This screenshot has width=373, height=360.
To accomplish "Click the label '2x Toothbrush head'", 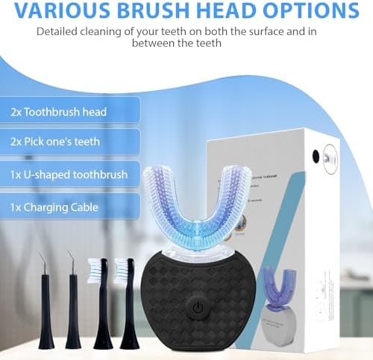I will click(x=59, y=112).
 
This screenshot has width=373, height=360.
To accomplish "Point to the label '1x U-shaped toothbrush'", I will click(x=69, y=174).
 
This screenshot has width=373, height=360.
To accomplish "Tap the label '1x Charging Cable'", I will click(x=54, y=206).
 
